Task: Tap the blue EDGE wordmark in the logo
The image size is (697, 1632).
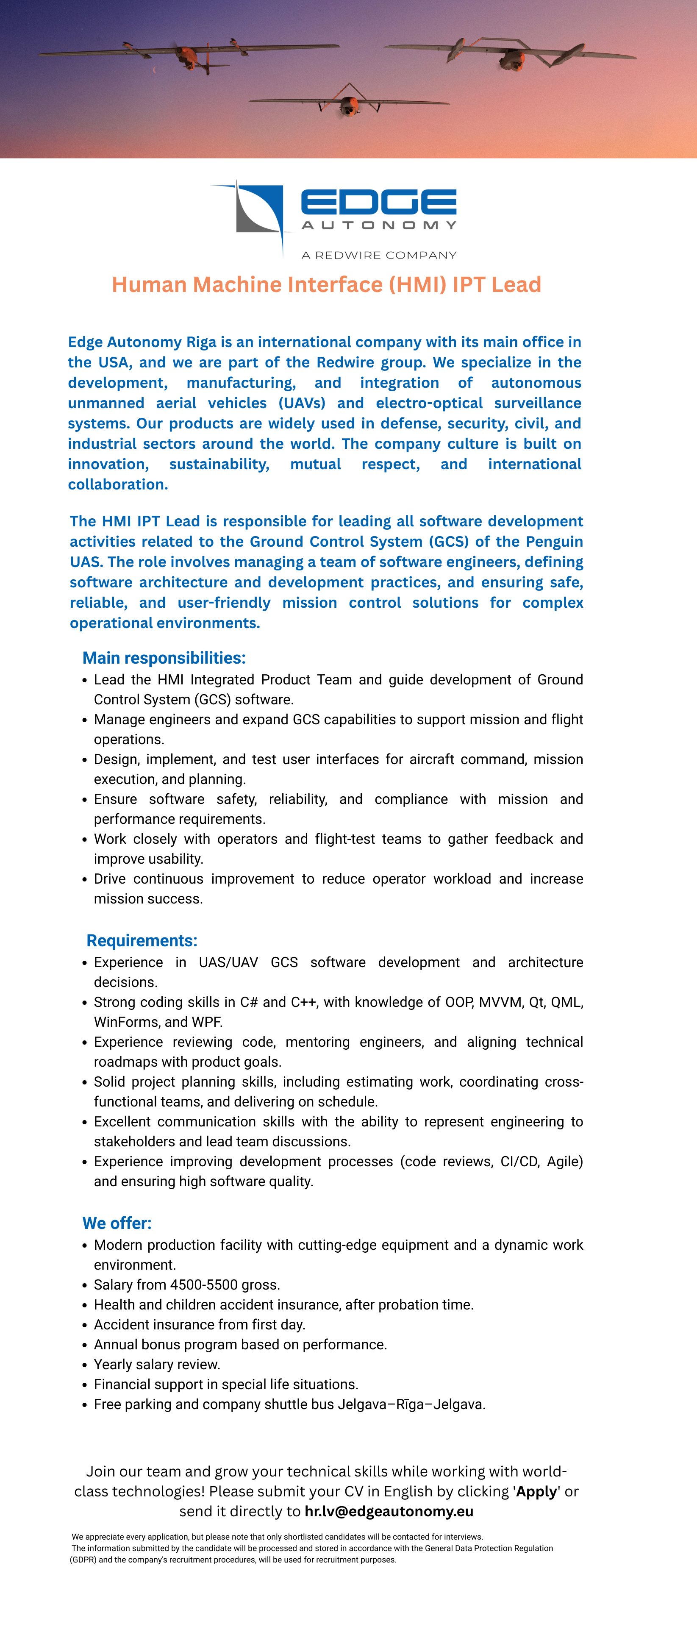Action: click(x=378, y=202)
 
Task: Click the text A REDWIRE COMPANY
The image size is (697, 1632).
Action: click(x=379, y=255)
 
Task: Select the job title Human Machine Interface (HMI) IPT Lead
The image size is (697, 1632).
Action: click(x=326, y=284)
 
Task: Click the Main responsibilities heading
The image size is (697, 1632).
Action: click(x=164, y=658)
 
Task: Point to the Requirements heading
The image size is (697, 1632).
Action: click(x=142, y=940)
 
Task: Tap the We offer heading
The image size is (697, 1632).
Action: click(x=117, y=1223)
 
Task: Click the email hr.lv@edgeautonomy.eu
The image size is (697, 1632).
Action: click(x=389, y=1511)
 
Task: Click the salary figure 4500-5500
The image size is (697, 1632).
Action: click(x=203, y=1284)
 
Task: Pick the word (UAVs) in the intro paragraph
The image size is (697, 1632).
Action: click(x=302, y=403)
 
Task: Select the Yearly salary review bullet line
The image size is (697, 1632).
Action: click(x=157, y=1364)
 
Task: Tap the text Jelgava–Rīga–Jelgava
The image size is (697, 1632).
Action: click(x=411, y=1404)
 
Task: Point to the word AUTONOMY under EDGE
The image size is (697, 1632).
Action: click(x=378, y=225)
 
